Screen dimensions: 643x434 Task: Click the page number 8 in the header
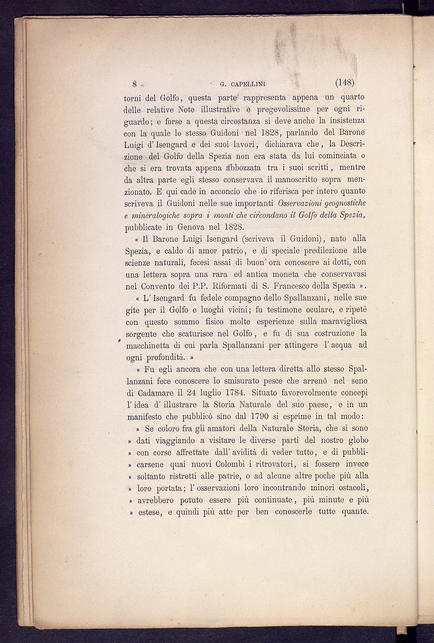tap(134, 84)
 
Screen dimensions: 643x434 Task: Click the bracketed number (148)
tap(344, 83)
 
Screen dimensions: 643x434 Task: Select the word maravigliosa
tap(339, 321)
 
